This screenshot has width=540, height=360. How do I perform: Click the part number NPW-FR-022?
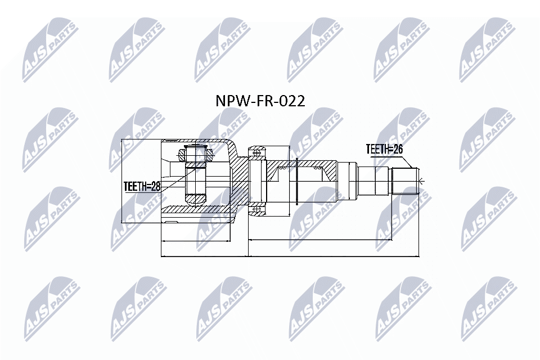(x=260, y=101)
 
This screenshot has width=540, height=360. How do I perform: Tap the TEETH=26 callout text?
(x=385, y=149)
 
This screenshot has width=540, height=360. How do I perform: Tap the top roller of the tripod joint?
(x=195, y=152)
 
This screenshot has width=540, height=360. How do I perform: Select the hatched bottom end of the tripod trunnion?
(x=195, y=199)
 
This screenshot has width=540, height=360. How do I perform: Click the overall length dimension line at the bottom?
(x=290, y=256)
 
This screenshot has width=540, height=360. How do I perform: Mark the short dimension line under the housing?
(x=197, y=241)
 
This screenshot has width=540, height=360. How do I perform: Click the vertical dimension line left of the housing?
(x=122, y=180)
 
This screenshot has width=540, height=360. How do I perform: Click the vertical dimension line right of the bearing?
(x=289, y=180)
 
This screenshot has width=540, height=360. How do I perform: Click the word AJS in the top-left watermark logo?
(x=35, y=62)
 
